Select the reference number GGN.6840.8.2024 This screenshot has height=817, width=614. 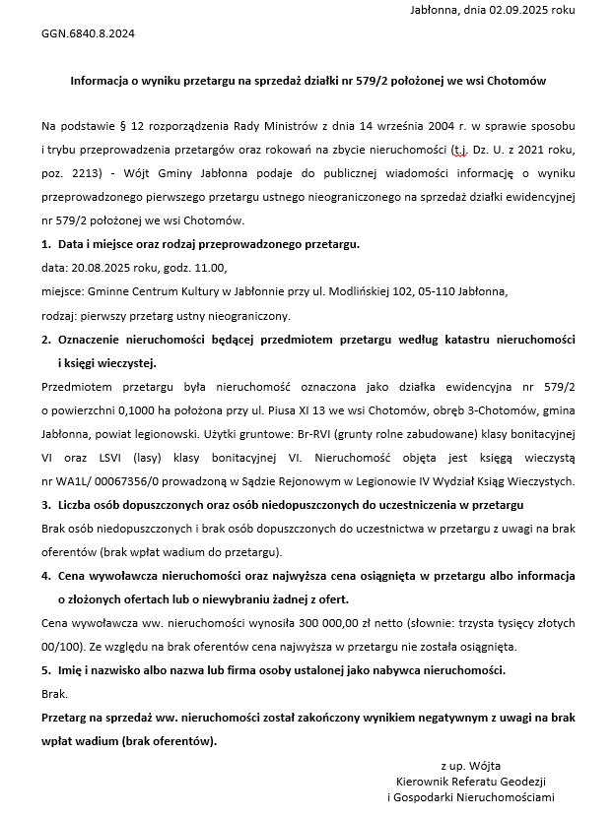pos(88,33)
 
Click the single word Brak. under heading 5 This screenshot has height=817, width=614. pos(54,694)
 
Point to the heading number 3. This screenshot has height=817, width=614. pos(45,505)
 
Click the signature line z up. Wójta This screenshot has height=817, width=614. pos(471,764)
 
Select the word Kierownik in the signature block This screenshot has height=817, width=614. pos(422,781)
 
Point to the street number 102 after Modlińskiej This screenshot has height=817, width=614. pos(404,291)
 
